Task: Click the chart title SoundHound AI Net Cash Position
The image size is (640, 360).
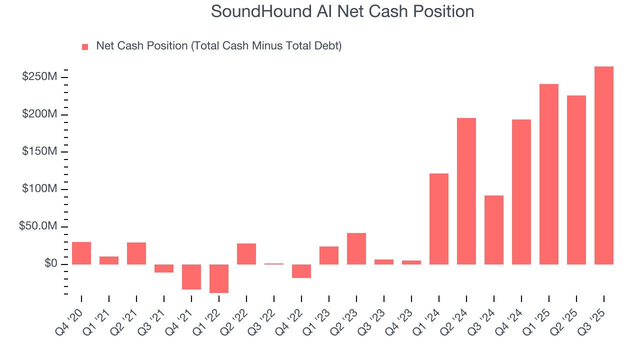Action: click(x=342, y=11)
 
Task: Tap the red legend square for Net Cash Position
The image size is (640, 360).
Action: click(x=85, y=47)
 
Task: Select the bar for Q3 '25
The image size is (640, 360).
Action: click(x=603, y=165)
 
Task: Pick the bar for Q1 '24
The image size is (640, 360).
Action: click(x=438, y=218)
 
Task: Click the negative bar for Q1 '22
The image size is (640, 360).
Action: click(x=219, y=278)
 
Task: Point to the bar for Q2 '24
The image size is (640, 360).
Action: click(x=466, y=191)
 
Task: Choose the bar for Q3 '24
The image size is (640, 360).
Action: click(x=493, y=229)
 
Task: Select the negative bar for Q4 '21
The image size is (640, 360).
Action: click(x=191, y=276)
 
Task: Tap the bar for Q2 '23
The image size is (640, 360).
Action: click(x=356, y=248)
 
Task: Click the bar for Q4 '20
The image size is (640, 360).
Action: click(x=81, y=253)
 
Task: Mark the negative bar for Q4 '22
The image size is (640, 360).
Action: click(x=301, y=271)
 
